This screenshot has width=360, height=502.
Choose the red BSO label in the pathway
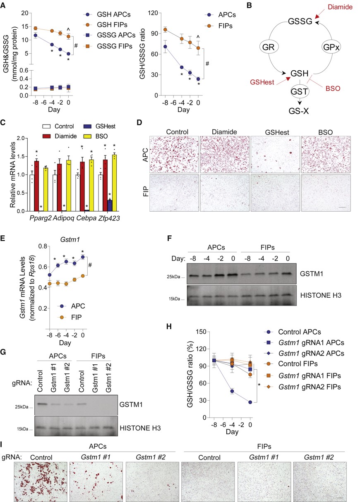pyautogui.click(x=333, y=88)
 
